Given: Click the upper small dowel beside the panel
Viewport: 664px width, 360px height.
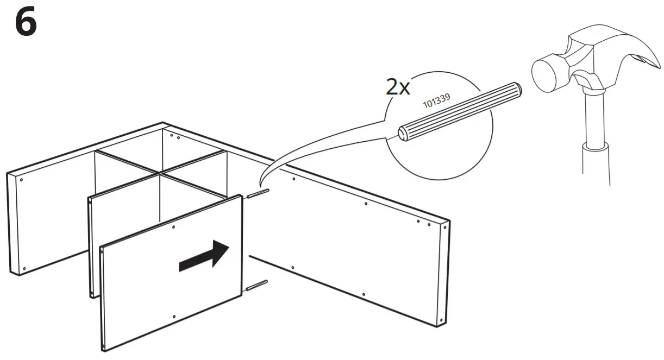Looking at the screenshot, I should click(258, 194).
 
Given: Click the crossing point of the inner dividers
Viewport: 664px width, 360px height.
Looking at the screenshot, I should click(161, 173).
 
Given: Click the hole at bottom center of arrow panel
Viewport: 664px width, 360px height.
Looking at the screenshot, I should click(173, 317).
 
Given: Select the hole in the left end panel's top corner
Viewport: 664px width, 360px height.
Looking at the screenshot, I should click(21, 179).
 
